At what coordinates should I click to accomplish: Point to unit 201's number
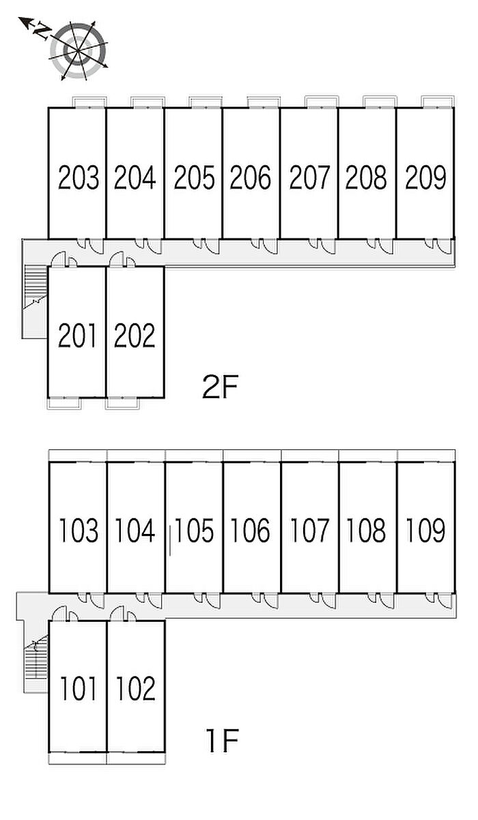[x=78, y=335]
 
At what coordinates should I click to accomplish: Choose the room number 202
[x=135, y=335]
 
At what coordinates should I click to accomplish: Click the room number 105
[x=195, y=531]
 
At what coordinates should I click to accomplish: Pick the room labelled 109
[x=425, y=531]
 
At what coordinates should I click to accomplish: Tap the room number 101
[x=78, y=689]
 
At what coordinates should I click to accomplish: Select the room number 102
[x=135, y=689]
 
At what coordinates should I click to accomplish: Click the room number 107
[x=309, y=531]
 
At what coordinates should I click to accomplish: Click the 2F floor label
[x=220, y=388]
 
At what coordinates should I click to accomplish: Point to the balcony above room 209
[x=438, y=102]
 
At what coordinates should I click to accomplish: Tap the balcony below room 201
[x=64, y=403]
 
